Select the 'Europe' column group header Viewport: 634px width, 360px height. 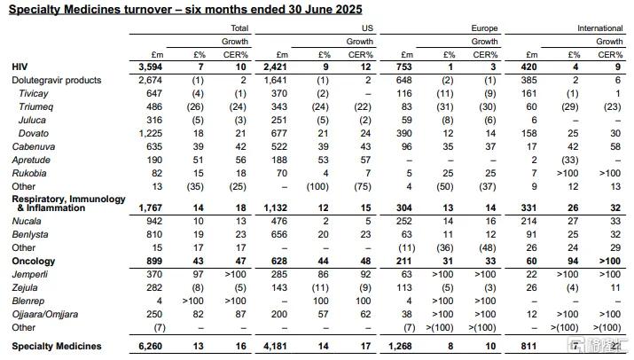point(483,28)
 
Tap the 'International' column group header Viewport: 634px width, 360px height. point(599,28)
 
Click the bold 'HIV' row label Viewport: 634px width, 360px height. point(20,67)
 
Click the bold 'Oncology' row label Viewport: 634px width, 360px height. point(35,262)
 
